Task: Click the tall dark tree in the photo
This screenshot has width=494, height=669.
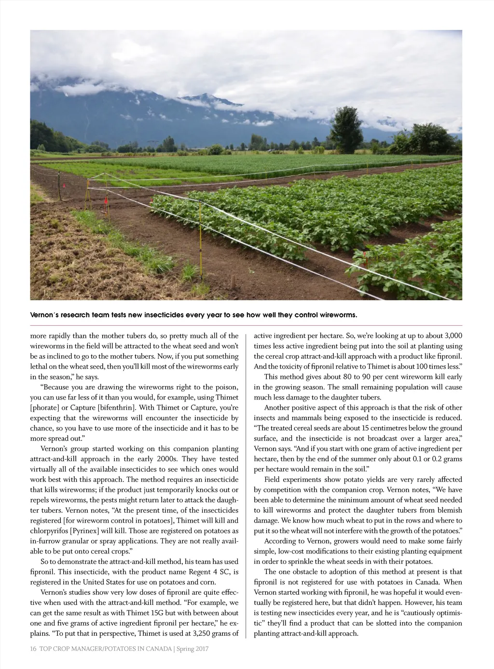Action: pos(346,127)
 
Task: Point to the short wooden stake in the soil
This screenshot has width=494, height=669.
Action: pos(232,280)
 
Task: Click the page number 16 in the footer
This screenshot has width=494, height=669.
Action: pos(33,649)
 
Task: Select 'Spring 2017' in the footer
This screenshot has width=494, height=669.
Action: pos(192,649)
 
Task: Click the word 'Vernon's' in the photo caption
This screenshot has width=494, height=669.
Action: pos(45,315)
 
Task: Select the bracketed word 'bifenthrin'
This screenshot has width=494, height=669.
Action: pos(116,408)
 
